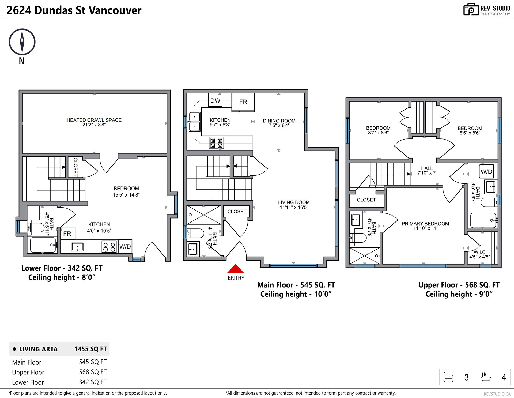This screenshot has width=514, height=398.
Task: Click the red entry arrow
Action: pos(236,269)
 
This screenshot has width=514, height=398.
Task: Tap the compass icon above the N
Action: pos(22,42)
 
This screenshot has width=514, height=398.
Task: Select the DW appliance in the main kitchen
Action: pos(215,100)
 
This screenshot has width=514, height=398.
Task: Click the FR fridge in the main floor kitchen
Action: pos(243,102)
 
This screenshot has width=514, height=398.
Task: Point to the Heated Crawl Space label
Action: pos(94,122)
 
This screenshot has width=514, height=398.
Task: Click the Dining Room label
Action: pos(279,123)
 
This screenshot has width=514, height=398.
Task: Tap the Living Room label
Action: pos(294,205)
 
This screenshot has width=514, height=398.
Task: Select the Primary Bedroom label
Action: pos(425,226)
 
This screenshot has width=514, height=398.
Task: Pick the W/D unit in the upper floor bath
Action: pos(486,172)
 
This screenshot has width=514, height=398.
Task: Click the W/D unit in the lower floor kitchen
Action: pos(125,246)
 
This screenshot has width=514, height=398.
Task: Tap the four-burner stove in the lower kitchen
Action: pos(109,247)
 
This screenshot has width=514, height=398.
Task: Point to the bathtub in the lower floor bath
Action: pos(43,245)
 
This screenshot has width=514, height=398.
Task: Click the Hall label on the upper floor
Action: pos(427,171)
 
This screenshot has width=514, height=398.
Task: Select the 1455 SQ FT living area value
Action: pos(90,349)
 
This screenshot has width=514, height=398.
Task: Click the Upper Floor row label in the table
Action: pos(28,372)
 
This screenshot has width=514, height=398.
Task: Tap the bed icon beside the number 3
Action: pos(448,377)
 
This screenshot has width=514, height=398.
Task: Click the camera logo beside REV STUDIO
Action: pos(471,9)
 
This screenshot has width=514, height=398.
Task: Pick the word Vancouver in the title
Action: pos(115,10)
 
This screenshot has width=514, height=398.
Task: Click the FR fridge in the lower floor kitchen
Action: pos(67,234)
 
